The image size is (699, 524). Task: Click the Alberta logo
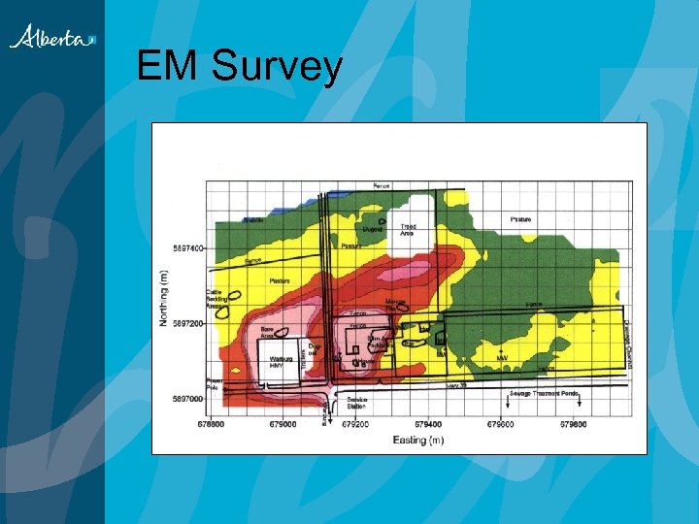tap(53, 38)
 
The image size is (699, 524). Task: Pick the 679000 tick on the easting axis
tap(283, 424)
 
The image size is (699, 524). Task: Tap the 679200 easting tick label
tap(356, 424)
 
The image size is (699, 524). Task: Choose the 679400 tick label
tap(428, 424)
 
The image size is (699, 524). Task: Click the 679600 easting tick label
tap(501, 424)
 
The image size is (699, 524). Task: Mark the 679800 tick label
tap(573, 424)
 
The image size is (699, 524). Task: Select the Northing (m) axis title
tap(166, 296)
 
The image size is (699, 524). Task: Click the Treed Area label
tap(409, 230)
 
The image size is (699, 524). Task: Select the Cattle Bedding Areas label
tap(218, 299)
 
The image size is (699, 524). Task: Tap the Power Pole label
tap(214, 382)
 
